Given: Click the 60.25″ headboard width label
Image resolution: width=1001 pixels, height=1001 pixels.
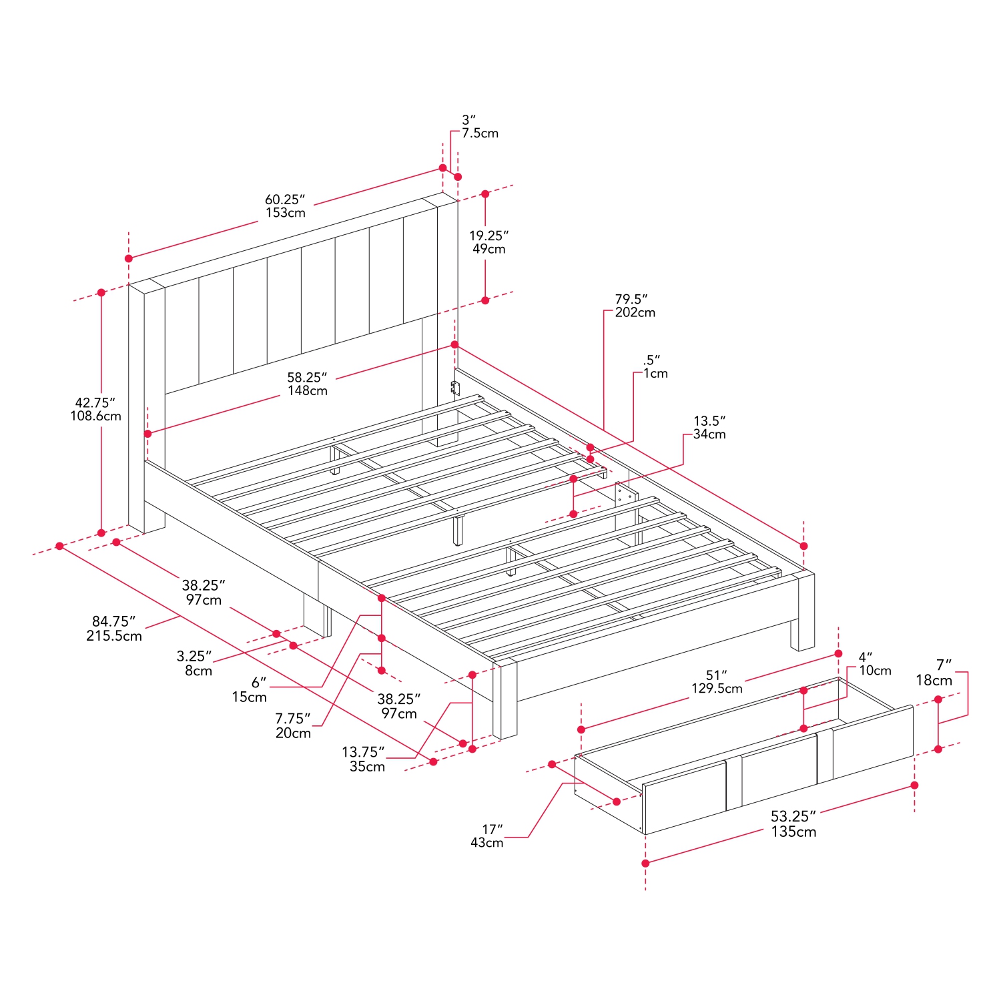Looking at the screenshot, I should [285, 206].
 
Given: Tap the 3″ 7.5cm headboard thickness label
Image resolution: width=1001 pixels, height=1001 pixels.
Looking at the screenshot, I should [479, 127].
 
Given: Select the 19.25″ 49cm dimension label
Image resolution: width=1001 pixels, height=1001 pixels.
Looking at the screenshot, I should [488, 242].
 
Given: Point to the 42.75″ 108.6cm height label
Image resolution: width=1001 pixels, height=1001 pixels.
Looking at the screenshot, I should [96, 409].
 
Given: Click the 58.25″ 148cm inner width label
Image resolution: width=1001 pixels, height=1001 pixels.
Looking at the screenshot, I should [307, 384].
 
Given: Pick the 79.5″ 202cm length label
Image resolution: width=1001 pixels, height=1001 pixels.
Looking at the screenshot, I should [634, 306].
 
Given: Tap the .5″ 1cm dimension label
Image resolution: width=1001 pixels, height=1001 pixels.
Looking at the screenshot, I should [654, 367].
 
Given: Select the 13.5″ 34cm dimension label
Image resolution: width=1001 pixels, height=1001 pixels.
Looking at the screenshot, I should [709, 428].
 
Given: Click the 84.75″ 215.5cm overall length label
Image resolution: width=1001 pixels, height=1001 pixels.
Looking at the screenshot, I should [114, 629].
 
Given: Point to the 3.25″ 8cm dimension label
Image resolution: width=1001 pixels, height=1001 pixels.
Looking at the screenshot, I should [195, 663].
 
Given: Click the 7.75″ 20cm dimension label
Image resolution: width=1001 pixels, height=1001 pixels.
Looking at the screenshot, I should [293, 726].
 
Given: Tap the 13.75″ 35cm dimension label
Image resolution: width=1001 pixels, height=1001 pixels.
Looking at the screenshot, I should [364, 759].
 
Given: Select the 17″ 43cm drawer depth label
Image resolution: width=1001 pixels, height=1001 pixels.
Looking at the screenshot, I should [488, 836].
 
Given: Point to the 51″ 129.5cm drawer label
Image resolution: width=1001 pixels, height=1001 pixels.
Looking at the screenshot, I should [717, 682].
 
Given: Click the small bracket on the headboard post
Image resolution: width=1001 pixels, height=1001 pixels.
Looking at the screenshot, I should [455, 388].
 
